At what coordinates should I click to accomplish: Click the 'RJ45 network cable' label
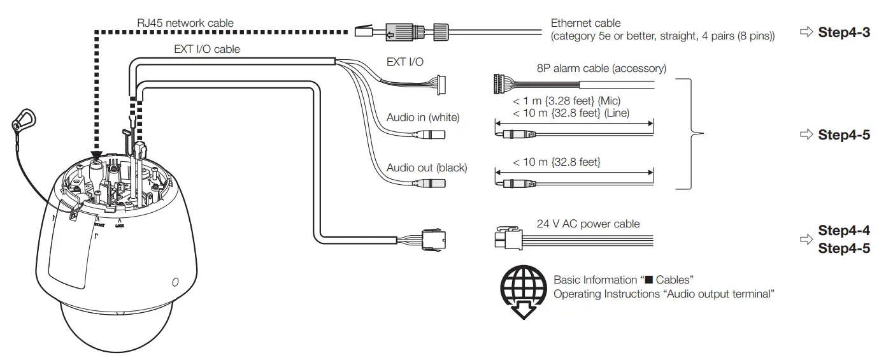coord(185,23)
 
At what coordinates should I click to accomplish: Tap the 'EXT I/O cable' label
coord(207,48)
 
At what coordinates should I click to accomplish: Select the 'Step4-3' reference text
coord(843,32)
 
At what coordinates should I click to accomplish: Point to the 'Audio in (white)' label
coord(423,117)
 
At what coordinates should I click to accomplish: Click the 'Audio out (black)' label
coord(427,168)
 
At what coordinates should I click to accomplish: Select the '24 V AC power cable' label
coord(589,224)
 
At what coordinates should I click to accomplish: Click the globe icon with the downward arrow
coord(522,289)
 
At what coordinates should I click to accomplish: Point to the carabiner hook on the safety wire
coord(24,119)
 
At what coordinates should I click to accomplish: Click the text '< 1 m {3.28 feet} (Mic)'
coord(566,101)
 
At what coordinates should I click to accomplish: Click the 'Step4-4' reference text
coord(843,231)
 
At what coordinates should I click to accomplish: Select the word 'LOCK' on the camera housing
coord(120,226)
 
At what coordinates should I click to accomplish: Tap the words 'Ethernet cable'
coord(585,23)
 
